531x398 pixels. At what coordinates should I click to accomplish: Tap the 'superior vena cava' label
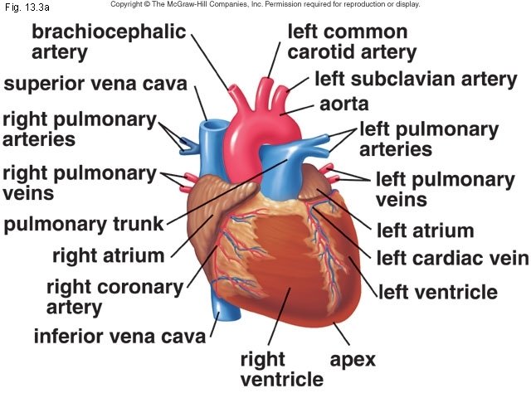click(95, 85)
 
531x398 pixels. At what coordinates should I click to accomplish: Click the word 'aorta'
click(343, 106)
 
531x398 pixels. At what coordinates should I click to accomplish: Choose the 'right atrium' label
click(108, 255)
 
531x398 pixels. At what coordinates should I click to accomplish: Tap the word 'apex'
click(353, 360)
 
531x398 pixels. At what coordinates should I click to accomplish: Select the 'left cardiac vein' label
click(451, 259)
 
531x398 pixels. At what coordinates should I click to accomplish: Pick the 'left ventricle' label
click(437, 292)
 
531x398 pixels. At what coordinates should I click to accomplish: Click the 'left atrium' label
click(425, 230)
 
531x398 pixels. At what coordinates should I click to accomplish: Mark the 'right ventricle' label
click(280, 370)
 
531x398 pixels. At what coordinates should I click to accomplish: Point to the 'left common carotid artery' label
click(351, 42)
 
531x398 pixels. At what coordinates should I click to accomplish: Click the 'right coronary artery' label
click(114, 298)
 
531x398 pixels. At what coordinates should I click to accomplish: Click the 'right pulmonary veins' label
click(78, 183)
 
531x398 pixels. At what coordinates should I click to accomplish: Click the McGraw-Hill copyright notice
click(265, 5)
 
